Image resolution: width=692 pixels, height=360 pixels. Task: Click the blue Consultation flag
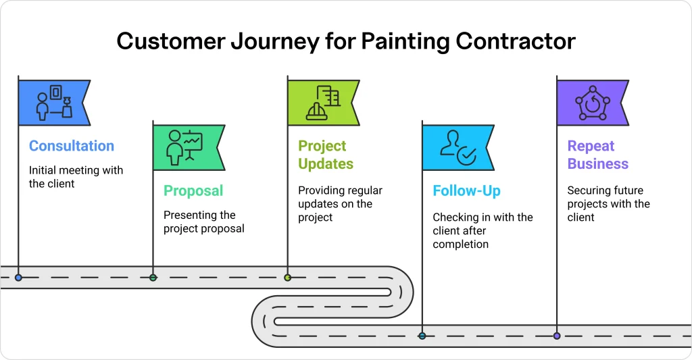click(53, 103)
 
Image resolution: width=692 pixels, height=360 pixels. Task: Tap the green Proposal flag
click(187, 147)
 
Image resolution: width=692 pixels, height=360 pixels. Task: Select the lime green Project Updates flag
click(322, 103)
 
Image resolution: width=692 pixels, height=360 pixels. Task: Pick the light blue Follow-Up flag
click(457, 147)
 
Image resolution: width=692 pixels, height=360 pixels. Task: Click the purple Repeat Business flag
click(591, 103)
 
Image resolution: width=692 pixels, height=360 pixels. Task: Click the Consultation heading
click(72, 146)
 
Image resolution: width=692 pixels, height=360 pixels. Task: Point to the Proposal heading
click(193, 191)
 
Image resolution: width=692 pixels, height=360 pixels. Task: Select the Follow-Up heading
click(466, 191)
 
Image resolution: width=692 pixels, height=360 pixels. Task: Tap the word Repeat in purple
click(591, 146)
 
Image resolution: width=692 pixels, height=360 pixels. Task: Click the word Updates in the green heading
click(326, 164)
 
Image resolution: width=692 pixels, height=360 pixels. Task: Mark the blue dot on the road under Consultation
click(18, 278)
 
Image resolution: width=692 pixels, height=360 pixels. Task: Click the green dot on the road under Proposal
click(153, 278)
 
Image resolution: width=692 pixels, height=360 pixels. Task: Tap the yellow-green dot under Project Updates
click(287, 278)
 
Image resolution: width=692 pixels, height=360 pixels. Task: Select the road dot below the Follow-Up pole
click(422, 336)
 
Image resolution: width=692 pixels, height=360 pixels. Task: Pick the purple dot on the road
click(556, 336)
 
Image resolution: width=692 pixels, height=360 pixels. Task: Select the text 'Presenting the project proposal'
click(204, 222)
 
